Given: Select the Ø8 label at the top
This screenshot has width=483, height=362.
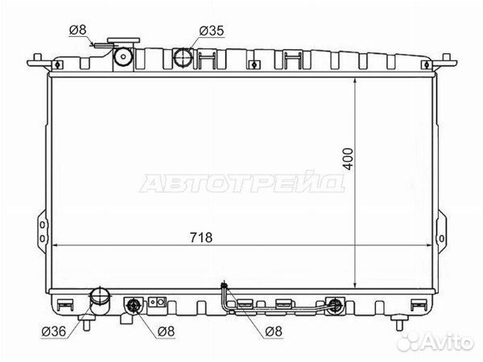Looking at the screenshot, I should pyautogui.click(x=77, y=31).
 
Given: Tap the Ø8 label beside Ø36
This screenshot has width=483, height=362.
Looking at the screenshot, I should pyautogui.click(x=166, y=330).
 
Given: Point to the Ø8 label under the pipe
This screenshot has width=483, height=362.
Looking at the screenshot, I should pyautogui.click(x=274, y=331).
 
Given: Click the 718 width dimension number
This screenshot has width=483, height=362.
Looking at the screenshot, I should pyautogui.click(x=200, y=237).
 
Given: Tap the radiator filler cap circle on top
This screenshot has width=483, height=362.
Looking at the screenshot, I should pyautogui.click(x=124, y=56).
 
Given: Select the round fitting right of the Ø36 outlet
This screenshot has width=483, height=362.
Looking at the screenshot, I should pyautogui.click(x=134, y=306).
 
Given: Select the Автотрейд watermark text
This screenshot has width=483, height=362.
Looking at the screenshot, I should pyautogui.click(x=243, y=184).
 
